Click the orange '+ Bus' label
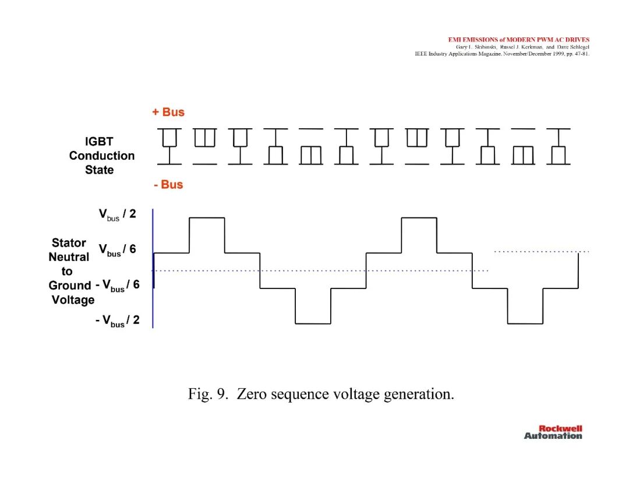coord(168,112)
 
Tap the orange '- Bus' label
coord(168,185)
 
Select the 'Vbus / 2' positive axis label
coord(117,214)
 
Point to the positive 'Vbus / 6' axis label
coord(117,249)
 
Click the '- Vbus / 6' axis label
coord(118,286)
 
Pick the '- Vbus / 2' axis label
coord(118,321)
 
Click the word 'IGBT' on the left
coord(99,142)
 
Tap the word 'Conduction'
coord(101,156)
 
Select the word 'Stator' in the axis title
coord(69,243)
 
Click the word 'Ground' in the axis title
coord(70,286)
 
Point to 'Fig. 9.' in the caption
coord(208,394)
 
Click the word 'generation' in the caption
coord(418,395)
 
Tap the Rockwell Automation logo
coord(553,432)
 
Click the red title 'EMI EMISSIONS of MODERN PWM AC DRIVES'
coord(519,40)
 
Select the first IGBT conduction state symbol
coord(169,146)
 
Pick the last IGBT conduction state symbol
coord(559,146)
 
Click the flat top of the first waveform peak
coord(207,218)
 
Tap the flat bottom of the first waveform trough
coord(313,323)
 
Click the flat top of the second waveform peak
coord(419,218)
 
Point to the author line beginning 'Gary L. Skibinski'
coord(522,47)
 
